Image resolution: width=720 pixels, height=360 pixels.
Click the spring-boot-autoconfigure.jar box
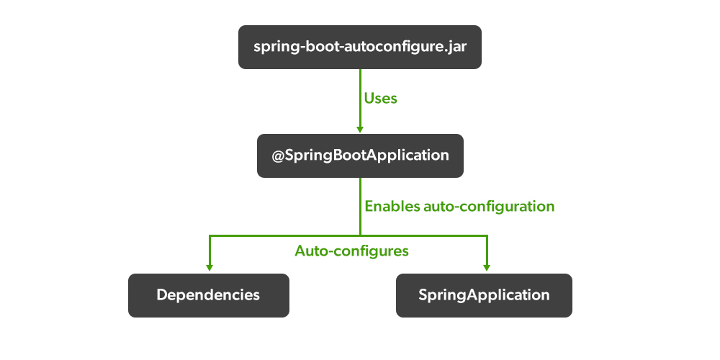359,47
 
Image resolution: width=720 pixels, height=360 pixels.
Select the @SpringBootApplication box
360,155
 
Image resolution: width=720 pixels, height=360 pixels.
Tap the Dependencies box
208,295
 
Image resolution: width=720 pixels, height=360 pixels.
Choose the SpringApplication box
484,295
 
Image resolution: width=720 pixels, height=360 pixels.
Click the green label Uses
381,98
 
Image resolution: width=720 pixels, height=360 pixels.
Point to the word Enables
392,206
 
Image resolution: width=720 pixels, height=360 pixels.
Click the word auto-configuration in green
490,207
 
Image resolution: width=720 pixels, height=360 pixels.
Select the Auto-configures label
351,251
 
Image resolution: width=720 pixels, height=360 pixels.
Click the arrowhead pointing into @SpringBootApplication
360,129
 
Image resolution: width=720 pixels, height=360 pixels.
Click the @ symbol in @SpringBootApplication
278,155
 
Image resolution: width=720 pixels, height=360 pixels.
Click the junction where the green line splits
360,235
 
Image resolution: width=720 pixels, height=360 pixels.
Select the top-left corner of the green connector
210,235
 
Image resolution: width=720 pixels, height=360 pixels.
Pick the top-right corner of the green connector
487,235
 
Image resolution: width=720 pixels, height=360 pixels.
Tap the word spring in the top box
274,48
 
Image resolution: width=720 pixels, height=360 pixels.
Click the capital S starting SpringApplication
423,295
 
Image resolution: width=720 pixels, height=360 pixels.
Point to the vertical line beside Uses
360,97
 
